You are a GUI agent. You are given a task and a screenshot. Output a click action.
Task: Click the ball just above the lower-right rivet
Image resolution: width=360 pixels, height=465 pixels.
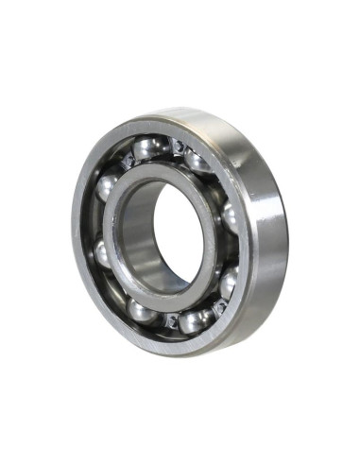point(228,281)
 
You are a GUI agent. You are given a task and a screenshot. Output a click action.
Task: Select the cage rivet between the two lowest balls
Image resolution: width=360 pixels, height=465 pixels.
point(171,321)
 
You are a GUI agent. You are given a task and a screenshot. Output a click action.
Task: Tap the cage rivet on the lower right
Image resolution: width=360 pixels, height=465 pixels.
point(218,306)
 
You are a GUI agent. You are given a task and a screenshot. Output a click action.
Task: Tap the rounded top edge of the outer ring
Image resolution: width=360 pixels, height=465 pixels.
point(189,115)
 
